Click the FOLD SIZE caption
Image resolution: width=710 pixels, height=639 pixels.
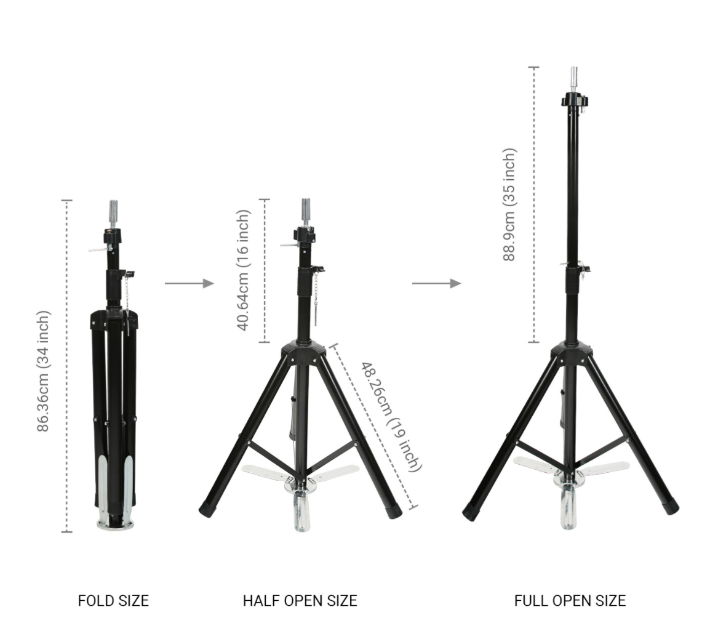point(113,600)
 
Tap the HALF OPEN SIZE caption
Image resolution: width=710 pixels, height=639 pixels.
point(300,600)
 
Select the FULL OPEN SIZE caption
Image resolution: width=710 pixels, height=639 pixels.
point(570,600)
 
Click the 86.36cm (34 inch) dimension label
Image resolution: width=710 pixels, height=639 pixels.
point(43,371)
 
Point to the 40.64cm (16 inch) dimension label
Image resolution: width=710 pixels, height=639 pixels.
point(243,270)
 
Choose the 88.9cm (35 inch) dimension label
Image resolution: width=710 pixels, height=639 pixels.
point(509,205)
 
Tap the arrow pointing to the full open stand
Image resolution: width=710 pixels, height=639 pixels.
point(436,283)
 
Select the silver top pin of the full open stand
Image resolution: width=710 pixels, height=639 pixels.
point(574,78)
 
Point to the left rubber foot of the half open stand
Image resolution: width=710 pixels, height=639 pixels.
point(207,510)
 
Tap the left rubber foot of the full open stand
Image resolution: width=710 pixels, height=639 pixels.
point(471,512)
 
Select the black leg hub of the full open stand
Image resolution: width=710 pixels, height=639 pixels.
point(572,353)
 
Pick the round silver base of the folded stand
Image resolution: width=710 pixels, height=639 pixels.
point(115,524)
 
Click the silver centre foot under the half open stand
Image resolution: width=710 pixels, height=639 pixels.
point(301,511)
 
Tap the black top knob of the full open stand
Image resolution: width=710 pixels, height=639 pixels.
point(575,100)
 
